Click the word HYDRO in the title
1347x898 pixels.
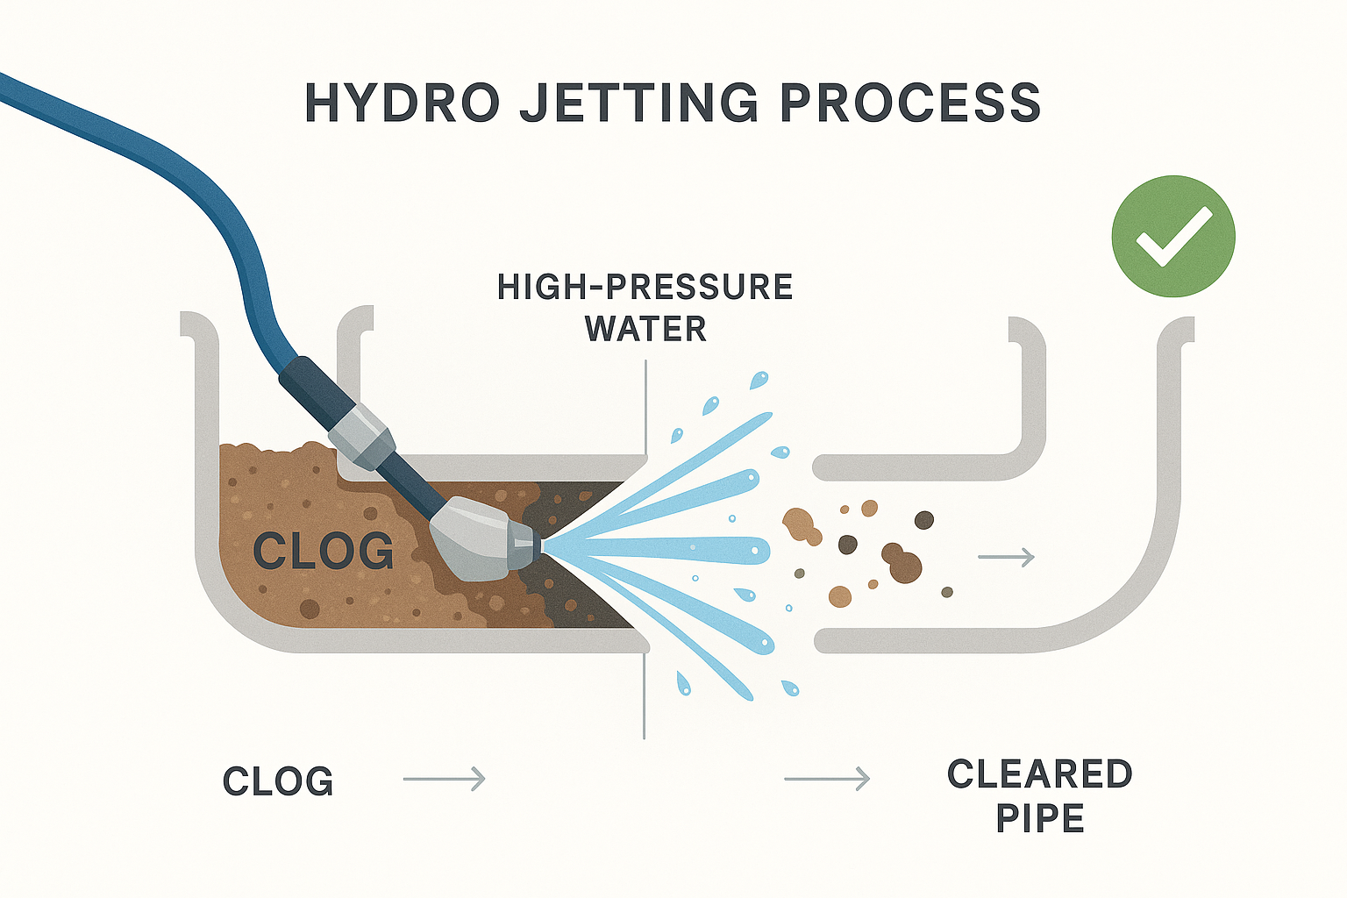pyautogui.click(x=403, y=103)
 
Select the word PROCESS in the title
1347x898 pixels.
pyautogui.click(x=910, y=103)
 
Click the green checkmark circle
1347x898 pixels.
pyautogui.click(x=1173, y=237)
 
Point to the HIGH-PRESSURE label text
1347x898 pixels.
pyautogui.click(x=645, y=287)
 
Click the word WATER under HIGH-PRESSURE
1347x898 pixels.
pyautogui.click(x=645, y=328)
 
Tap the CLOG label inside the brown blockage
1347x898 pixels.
pyautogui.click(x=324, y=550)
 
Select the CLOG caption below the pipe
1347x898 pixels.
pyautogui.click(x=278, y=780)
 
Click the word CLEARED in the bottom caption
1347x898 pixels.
pyautogui.click(x=1040, y=773)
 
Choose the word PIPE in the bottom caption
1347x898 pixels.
pyautogui.click(x=1040, y=818)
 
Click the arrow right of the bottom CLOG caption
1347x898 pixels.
pyautogui.click(x=444, y=779)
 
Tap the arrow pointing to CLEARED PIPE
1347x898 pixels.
pyautogui.click(x=827, y=779)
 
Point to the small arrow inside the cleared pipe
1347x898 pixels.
pyautogui.click(x=1006, y=558)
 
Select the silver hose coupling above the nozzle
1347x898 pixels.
pyautogui.click(x=362, y=437)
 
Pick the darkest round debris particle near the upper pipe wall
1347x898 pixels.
pyautogui.click(x=924, y=520)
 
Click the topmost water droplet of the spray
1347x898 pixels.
pyautogui.click(x=759, y=380)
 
